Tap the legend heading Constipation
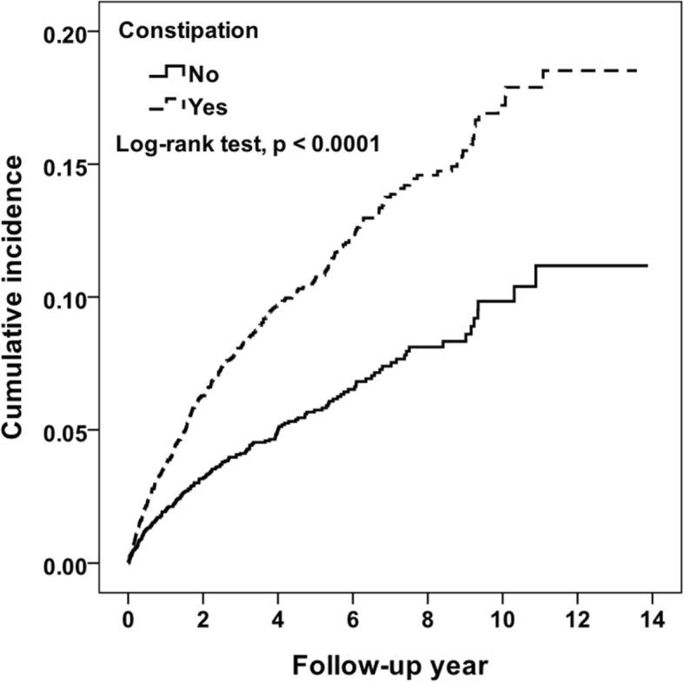tap(188, 30)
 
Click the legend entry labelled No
tap(203, 76)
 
